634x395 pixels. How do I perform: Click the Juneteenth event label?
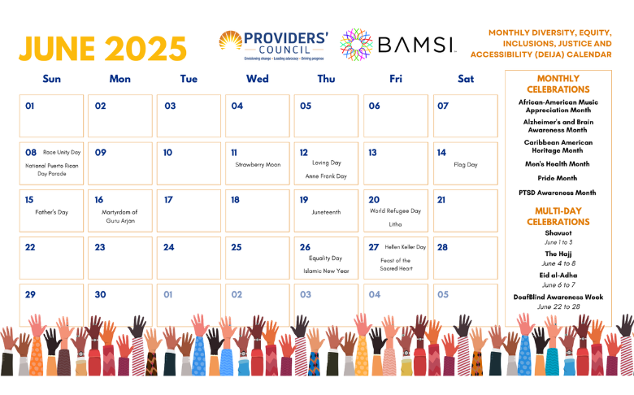(326, 211)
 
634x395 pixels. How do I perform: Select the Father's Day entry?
(51, 211)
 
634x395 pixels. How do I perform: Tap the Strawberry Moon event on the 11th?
(258, 164)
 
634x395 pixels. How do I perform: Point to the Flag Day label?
(466, 164)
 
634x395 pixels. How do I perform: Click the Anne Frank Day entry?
(326, 176)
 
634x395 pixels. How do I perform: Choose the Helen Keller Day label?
(406, 246)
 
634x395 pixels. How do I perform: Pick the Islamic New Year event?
(326, 271)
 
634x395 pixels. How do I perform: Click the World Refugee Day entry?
(395, 211)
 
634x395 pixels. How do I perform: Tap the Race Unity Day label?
(62, 152)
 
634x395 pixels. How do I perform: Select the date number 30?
(100, 294)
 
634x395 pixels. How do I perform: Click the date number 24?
(169, 247)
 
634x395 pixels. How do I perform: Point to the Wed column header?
(258, 79)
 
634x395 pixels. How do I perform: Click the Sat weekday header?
(466, 79)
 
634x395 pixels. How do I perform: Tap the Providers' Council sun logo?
(231, 41)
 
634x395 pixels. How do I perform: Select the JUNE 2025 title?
(103, 48)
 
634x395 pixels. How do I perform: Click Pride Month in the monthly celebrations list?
(558, 178)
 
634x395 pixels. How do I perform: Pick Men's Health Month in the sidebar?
(558, 163)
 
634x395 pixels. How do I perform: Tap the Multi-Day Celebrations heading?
(558, 216)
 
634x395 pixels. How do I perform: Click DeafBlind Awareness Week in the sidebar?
(558, 297)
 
